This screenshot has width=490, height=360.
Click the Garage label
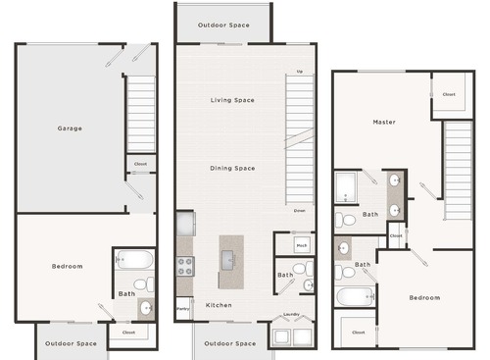[x=70, y=129]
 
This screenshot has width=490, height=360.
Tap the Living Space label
[x=232, y=100]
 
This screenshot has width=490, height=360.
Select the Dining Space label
[x=232, y=168]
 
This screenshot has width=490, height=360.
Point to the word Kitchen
[x=219, y=305]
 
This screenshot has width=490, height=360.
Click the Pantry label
[x=183, y=310]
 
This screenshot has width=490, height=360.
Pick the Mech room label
[x=302, y=245]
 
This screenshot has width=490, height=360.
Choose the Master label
[x=383, y=122]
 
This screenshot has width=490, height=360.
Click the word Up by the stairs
[x=299, y=73]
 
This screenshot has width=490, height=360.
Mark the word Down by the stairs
[x=299, y=210]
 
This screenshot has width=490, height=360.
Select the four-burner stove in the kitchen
[x=184, y=265]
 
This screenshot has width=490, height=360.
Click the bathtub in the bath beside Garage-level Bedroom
[x=134, y=260]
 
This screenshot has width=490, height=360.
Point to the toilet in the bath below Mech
[x=300, y=268]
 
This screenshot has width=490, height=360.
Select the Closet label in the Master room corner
[x=449, y=95]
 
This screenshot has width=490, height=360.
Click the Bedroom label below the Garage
[x=68, y=266]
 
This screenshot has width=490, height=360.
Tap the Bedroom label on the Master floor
[x=424, y=297]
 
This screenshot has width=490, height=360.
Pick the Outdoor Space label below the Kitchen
[x=232, y=343]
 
